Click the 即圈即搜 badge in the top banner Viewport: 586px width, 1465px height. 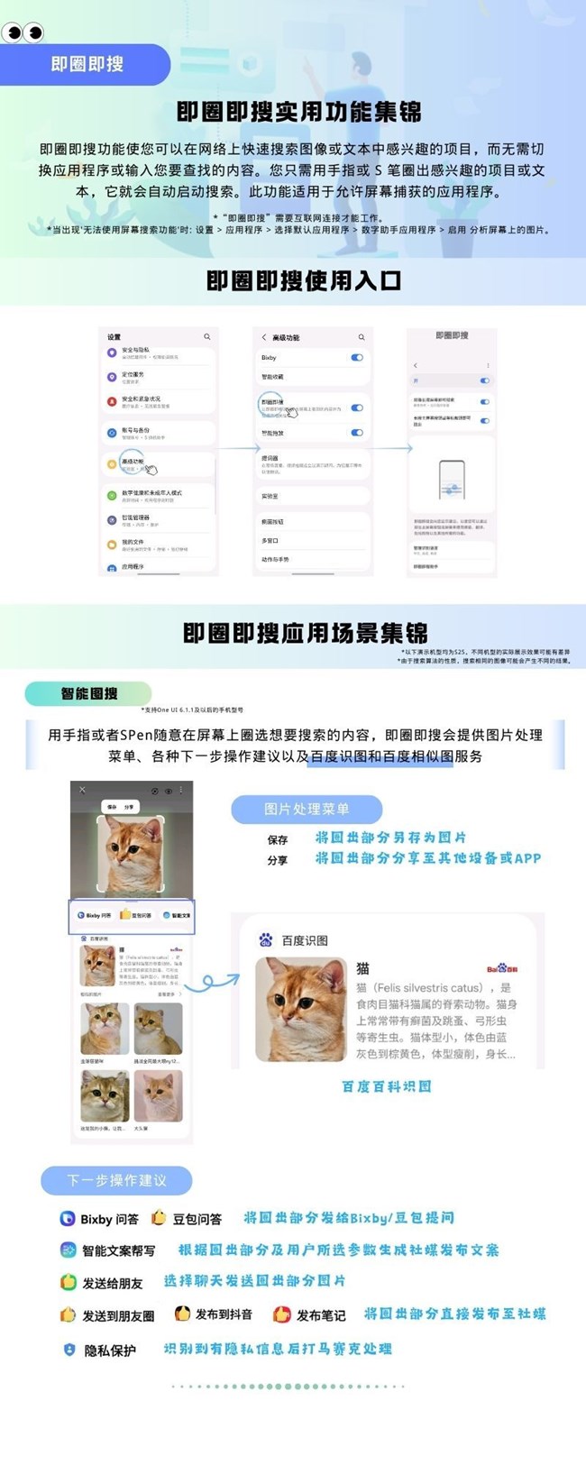click(x=87, y=65)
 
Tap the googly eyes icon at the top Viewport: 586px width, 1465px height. click(x=23, y=33)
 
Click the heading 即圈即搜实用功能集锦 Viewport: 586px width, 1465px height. click(x=298, y=112)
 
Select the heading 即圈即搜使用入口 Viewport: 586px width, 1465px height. click(x=303, y=280)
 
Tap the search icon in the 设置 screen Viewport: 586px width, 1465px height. click(x=206, y=337)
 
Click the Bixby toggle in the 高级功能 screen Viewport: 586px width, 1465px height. click(x=357, y=358)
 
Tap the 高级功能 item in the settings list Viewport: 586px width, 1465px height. click(x=133, y=462)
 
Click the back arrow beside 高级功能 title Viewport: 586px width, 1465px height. click(x=263, y=337)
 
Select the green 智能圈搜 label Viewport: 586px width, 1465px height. click(x=88, y=693)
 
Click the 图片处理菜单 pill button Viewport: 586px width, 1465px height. click(x=307, y=809)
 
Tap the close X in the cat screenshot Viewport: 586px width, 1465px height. click(x=82, y=790)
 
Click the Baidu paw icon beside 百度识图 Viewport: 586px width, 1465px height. click(x=266, y=939)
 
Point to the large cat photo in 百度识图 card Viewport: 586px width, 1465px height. click(x=301, y=1008)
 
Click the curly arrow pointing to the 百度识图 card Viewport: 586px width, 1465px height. click(x=218, y=980)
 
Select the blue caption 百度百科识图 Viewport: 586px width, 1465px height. click(x=386, y=1086)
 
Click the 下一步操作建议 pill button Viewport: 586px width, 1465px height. click(x=116, y=1180)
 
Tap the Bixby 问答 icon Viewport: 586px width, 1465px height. click(x=67, y=1218)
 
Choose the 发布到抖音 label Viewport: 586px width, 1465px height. click(x=224, y=1314)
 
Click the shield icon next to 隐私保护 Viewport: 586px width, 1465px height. click(x=69, y=1350)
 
